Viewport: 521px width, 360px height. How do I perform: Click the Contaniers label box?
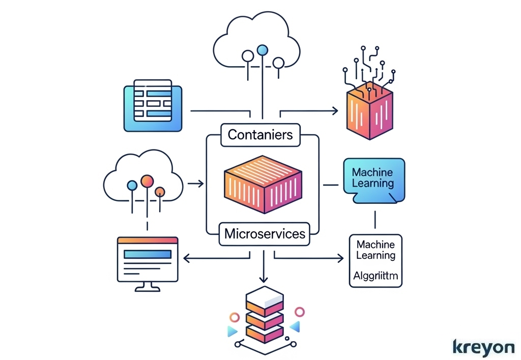(260, 135)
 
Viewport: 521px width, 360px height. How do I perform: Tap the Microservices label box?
(265, 234)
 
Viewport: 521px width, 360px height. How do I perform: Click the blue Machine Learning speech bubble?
(373, 179)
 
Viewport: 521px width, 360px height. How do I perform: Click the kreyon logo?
(483, 347)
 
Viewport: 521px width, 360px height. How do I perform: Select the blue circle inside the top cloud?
(263, 50)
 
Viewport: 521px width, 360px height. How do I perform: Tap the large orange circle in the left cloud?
(147, 181)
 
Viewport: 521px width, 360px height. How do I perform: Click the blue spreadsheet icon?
(153, 105)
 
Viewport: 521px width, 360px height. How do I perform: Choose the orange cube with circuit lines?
(369, 111)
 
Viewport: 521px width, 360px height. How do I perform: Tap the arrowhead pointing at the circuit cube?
(335, 110)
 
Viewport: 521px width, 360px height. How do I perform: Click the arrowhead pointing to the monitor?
(186, 259)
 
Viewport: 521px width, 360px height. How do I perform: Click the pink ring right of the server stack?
(300, 312)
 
